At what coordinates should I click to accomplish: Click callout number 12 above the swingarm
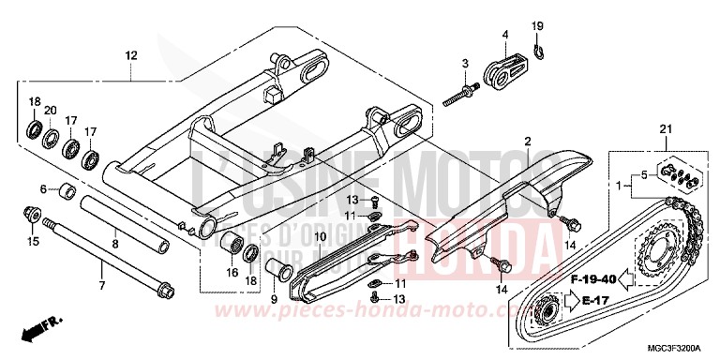coord(129,55)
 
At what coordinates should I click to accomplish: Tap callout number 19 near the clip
coord(538,25)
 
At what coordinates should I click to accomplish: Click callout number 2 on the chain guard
coord(528,141)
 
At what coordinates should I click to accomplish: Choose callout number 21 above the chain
coord(666,128)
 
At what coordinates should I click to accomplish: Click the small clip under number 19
coord(539,49)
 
